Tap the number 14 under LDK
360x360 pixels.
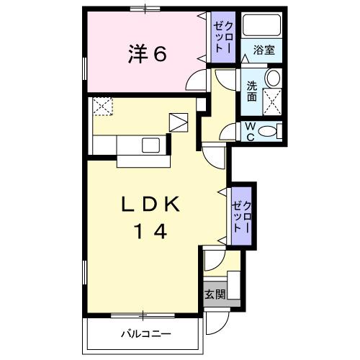coord(150,232)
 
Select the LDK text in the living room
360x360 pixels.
coord(150,205)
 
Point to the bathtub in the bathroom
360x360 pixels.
coord(261,27)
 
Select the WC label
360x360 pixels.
coord(251,132)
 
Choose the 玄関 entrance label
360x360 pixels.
coord(214,294)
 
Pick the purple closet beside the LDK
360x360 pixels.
coord(241,216)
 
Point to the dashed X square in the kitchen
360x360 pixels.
coord(102,107)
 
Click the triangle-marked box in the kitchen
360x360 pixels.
coord(178,122)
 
